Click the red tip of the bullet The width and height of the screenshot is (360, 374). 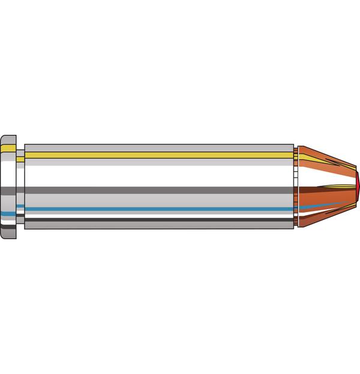click(358, 186)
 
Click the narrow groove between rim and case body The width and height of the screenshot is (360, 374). click(20, 180)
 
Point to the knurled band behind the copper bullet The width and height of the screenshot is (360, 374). click(296, 180)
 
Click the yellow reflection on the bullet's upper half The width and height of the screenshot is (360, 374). click(311, 157)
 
